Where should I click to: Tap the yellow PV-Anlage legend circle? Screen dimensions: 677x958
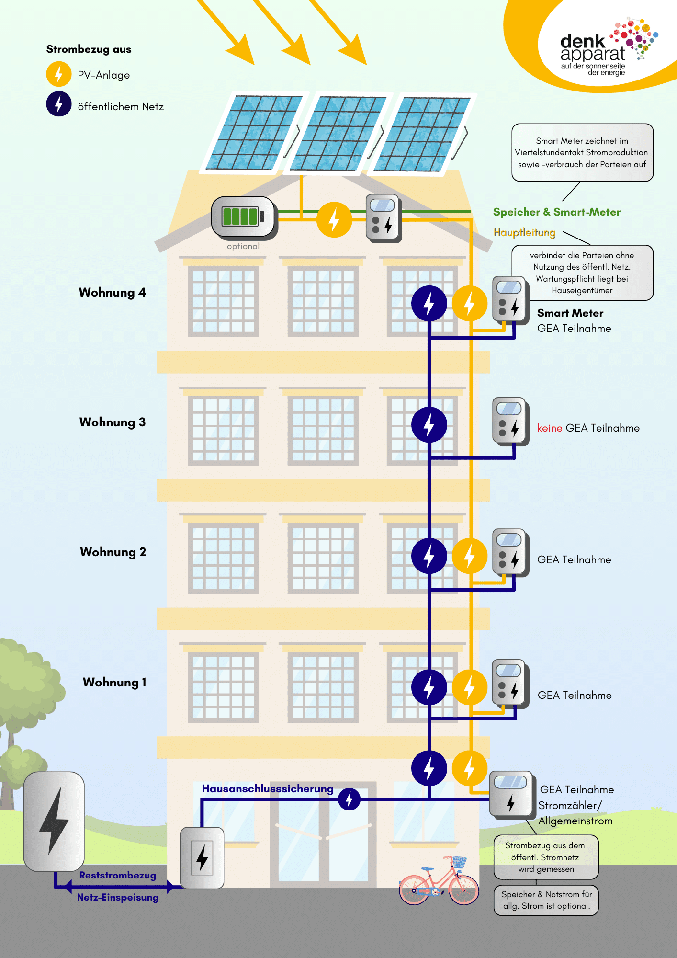tap(59, 74)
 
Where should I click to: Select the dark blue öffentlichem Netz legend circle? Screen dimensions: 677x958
tap(59, 104)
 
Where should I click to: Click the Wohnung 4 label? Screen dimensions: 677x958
tap(113, 292)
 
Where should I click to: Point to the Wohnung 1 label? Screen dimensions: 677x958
tap(114, 682)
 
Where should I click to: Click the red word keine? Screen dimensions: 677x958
tap(550, 428)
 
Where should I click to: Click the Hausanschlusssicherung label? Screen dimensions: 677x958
tap(268, 788)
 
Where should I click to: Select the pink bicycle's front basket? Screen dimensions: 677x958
tap(459, 862)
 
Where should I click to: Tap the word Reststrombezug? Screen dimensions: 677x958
tap(118, 875)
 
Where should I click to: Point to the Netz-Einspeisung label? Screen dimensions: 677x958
tap(118, 897)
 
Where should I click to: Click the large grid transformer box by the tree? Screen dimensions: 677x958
tap(54, 821)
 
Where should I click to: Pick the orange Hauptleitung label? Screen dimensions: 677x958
tap(525, 232)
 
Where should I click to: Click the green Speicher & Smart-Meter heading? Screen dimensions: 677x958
tap(557, 212)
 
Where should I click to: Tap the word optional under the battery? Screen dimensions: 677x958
tap(243, 246)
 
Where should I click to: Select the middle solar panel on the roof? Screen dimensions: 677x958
tap(338, 133)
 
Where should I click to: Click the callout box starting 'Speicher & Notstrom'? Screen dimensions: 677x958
tap(546, 900)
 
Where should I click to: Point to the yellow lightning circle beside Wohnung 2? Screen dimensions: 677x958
tap(470, 556)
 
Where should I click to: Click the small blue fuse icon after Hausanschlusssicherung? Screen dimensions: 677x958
tap(349, 799)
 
